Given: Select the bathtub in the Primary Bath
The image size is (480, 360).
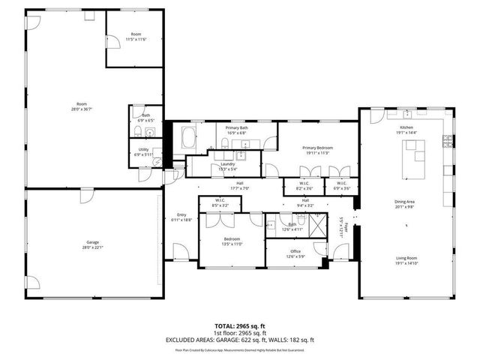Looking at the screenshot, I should coord(188,138).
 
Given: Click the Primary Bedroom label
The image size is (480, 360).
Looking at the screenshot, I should coord(317,148).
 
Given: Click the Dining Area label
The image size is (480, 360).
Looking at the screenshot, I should coord(406,201).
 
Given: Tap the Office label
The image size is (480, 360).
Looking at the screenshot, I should coord(295,251).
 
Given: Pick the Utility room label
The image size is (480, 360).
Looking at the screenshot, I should coord(143,149).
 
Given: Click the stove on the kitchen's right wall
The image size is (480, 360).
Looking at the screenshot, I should coord(448,140).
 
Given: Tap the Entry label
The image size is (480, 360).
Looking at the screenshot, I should coord(181,214).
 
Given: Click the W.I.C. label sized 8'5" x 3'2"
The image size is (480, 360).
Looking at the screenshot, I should coord(220,200).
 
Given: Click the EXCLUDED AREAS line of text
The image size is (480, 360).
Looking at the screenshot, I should coord(239,340).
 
